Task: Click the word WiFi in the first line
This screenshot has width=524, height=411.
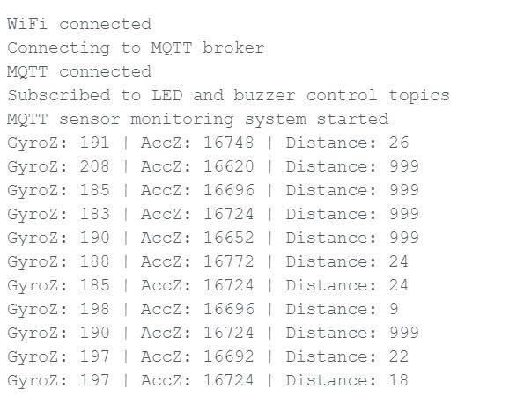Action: (x=27, y=24)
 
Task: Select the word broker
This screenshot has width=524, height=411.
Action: (x=233, y=48)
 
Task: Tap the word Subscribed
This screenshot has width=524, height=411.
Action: (x=59, y=95)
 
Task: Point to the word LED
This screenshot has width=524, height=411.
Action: (x=167, y=95)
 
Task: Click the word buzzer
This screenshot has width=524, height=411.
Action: (x=264, y=95)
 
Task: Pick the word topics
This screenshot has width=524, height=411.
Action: (x=419, y=96)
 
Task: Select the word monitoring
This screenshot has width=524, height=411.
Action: (x=181, y=120)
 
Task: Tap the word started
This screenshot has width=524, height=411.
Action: (x=352, y=119)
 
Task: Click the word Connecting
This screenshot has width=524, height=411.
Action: (x=58, y=48)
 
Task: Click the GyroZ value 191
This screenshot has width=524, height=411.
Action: (x=94, y=143)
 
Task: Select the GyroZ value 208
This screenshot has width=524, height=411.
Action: (x=94, y=166)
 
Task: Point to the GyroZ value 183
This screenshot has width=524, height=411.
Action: (x=94, y=214)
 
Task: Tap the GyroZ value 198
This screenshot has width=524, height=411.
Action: (x=94, y=309)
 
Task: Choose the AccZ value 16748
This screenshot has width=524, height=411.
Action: (x=229, y=143)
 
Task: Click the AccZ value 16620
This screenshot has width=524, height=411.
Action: (x=229, y=166)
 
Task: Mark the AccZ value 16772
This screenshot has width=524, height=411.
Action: (x=229, y=261)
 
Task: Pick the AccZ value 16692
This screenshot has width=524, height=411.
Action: (x=229, y=356)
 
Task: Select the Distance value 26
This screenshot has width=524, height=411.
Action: (x=398, y=143)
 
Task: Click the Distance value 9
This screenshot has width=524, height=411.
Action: (x=394, y=309)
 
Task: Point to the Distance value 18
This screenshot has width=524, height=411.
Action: (x=398, y=380)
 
